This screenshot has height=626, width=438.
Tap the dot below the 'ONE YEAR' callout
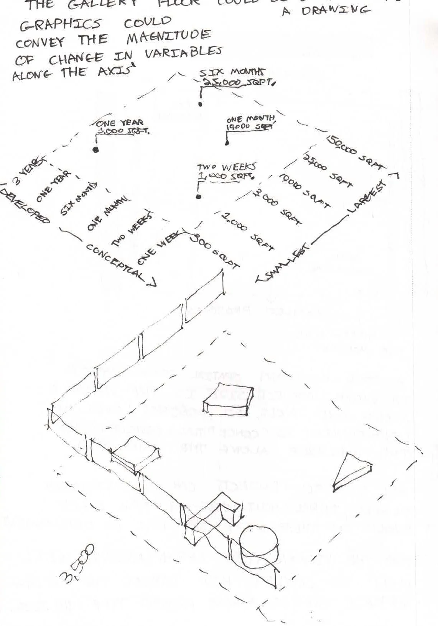pyautogui.click(x=96, y=149)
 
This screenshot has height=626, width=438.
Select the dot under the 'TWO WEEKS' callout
pyautogui.click(x=198, y=197)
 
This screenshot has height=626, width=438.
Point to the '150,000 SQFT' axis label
pyautogui.click(x=355, y=152)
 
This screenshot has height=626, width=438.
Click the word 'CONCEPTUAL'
pyautogui.click(x=115, y=262)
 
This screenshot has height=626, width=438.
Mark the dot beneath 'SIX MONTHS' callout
pyautogui.click(x=200, y=104)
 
